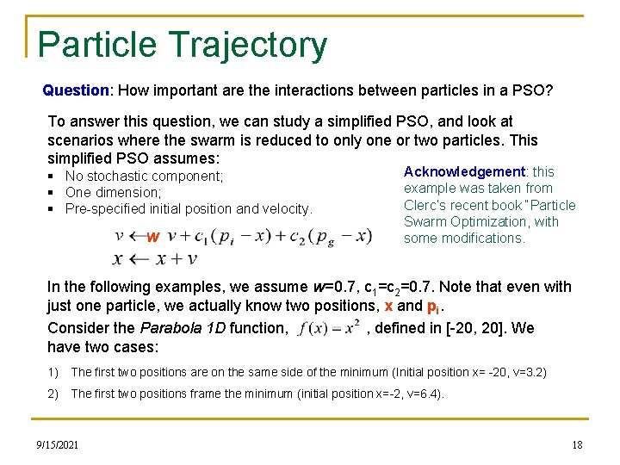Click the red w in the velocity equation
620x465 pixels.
pyautogui.click(x=152, y=237)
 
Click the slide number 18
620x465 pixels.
pyautogui.click(x=577, y=444)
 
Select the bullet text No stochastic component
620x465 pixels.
pyautogui.click(x=144, y=177)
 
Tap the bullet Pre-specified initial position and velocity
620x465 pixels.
pyautogui.click(x=189, y=208)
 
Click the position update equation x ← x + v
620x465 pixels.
pyautogui.click(x=156, y=258)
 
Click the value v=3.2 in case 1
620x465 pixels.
pyautogui.click(x=527, y=372)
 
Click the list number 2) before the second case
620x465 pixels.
pyautogui.click(x=53, y=394)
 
